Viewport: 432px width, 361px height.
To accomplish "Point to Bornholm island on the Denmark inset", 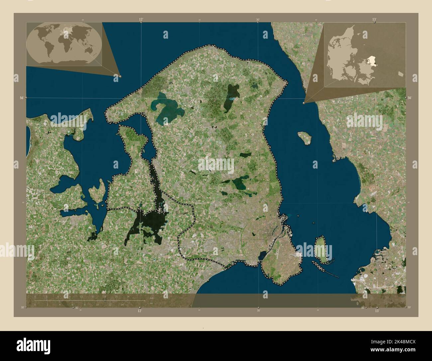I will tap(400, 73).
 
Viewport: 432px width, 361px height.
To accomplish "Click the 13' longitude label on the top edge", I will tap(375, 19).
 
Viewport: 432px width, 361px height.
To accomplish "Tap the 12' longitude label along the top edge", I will tap(141, 19).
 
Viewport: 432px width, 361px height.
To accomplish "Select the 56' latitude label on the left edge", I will tap(22, 98).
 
